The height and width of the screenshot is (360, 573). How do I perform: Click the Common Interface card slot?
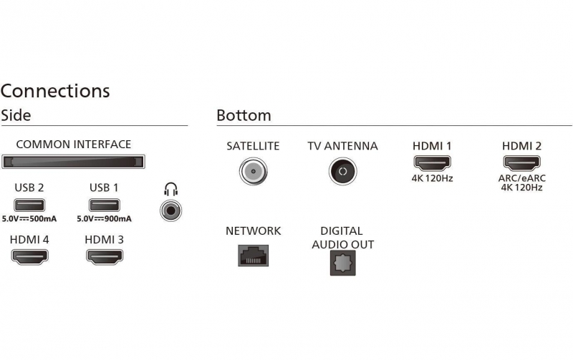pos(73,162)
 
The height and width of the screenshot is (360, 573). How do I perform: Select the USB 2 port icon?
pos(29,205)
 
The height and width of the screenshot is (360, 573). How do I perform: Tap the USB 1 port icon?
pos(104,205)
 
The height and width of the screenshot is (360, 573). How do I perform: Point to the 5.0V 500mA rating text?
pos(29,219)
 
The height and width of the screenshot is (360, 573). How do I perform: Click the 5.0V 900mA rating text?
pos(104,219)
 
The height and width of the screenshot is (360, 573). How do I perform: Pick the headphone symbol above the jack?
pos(170,190)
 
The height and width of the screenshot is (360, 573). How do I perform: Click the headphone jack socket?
pos(170,210)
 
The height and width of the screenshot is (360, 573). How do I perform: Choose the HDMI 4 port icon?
pos(29,257)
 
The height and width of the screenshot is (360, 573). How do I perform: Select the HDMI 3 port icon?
pos(105,257)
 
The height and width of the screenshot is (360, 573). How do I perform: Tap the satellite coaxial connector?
pos(254,171)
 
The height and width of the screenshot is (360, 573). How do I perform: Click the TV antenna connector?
pos(343,171)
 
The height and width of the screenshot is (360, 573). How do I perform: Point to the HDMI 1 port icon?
pos(433,163)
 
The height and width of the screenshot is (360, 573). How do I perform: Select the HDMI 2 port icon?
pos(522,163)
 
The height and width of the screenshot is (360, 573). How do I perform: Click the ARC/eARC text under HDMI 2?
pos(522,178)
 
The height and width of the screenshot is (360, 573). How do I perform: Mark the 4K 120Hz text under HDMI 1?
pos(433,178)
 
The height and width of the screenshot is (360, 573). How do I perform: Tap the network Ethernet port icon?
pos(254,256)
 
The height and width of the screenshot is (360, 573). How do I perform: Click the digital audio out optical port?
pos(343,263)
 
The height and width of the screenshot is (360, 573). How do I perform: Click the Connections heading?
pos(55,91)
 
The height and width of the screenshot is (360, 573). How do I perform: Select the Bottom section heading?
pos(244,115)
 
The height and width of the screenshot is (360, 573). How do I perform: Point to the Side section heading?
pos(16,115)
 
